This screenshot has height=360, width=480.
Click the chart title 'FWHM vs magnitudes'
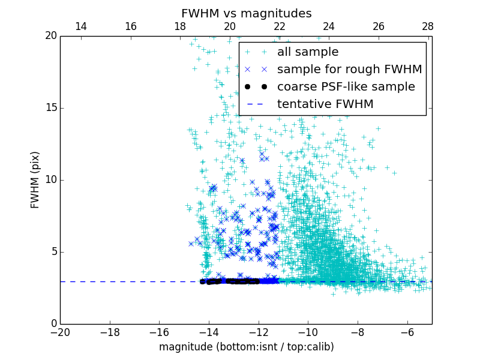coord(246,13)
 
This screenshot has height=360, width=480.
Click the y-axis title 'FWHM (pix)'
coord(35,180)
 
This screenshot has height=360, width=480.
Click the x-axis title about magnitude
coord(246,347)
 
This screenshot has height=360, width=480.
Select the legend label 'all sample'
coord(308,52)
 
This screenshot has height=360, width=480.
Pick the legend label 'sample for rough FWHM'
coord(349,70)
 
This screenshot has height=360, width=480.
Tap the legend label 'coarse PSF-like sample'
coord(346,87)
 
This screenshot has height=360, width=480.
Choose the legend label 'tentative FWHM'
coord(325,104)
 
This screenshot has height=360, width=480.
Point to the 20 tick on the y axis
coord(50,36)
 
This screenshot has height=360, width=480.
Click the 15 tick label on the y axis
coord(50,108)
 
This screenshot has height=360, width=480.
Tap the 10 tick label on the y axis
coord(50,180)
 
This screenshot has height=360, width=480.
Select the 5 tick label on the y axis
coord(53,252)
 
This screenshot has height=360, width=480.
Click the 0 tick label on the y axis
coord(53,324)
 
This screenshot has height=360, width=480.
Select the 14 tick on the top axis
coord(80,27)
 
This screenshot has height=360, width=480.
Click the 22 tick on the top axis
coord(279,27)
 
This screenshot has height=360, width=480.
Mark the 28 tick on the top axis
coord(427,27)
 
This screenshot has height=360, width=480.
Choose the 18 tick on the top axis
coord(180,27)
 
